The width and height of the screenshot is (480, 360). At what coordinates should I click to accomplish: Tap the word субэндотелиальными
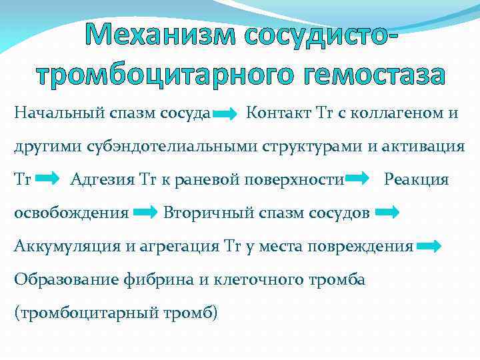(163, 146)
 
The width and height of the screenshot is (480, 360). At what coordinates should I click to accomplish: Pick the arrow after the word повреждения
(428, 247)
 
